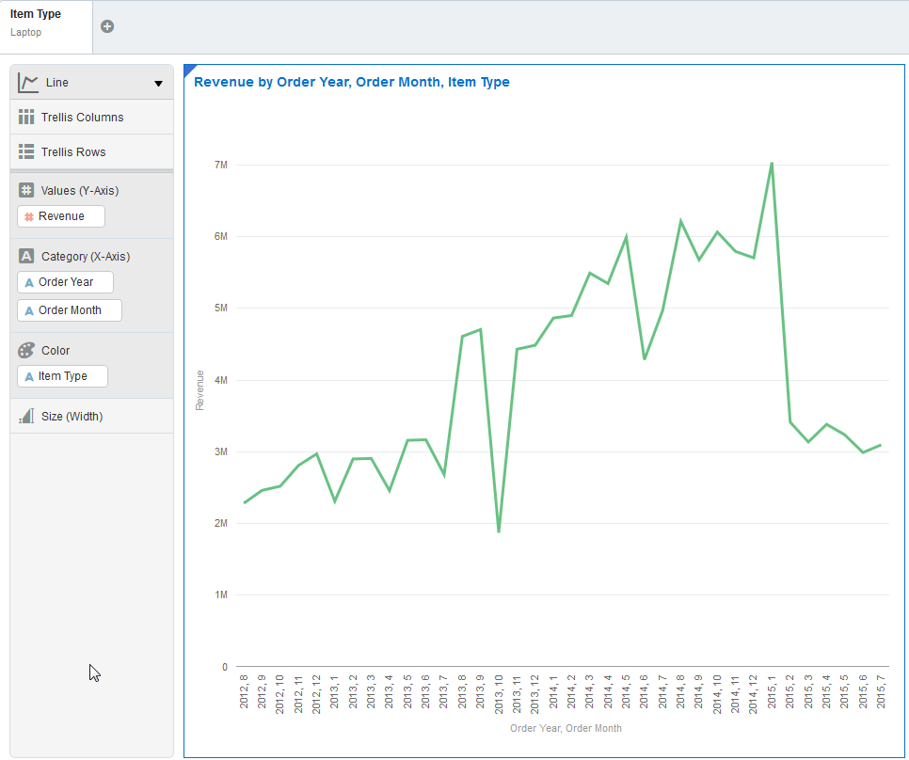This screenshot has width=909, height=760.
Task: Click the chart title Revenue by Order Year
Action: (351, 83)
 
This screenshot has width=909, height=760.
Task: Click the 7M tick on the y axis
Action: (221, 165)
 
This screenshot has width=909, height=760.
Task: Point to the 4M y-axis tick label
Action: (221, 380)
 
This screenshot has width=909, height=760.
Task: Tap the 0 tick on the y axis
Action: (224, 667)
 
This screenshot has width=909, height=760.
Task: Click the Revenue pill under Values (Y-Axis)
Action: (61, 216)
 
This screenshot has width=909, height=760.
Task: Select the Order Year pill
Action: (65, 282)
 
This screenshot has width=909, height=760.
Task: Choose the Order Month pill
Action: (70, 310)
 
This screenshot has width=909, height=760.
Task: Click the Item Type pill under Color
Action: (62, 376)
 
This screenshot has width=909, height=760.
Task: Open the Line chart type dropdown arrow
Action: (158, 84)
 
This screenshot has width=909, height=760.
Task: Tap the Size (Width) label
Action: (72, 416)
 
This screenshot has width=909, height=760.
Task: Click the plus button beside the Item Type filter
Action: (107, 26)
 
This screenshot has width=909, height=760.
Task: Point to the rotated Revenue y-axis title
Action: (199, 390)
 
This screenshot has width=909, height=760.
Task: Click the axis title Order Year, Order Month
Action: (566, 728)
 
